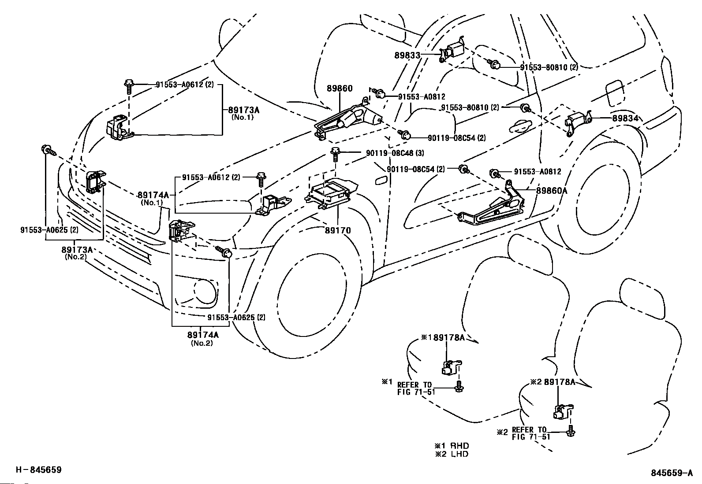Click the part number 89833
click(407, 55)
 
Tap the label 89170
click(338, 230)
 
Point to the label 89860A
click(552, 191)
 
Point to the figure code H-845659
click(39, 470)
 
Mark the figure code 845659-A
click(672, 473)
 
